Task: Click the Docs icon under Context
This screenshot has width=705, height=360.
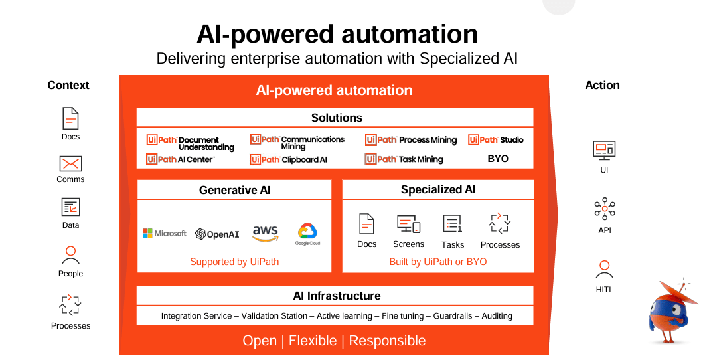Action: pos(70,118)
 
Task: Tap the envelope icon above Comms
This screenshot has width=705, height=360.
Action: pos(70,163)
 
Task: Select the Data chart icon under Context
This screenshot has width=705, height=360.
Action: pos(70,207)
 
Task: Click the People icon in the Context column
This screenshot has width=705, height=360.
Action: pos(70,255)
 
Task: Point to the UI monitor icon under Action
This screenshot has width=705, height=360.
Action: pos(604,150)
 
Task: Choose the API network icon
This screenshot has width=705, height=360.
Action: pos(604,209)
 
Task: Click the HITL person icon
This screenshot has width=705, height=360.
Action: pos(604,269)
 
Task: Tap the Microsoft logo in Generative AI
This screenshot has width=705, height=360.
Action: pos(165,233)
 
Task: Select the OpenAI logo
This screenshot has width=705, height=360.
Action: pos(217,234)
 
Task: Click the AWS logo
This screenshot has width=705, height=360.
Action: pos(265,233)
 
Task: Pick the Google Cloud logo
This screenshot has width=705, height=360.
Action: pos(308,234)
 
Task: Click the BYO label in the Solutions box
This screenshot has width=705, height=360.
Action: pos(498,159)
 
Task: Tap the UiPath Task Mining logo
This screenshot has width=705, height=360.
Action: pos(404,159)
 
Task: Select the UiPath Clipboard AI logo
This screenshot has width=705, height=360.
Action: pos(289,159)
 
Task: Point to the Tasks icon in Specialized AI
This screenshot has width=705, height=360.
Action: pos(453,224)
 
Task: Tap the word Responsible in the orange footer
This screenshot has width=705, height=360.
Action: pos(387,341)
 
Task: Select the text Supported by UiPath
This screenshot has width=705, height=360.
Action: pos(234,262)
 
